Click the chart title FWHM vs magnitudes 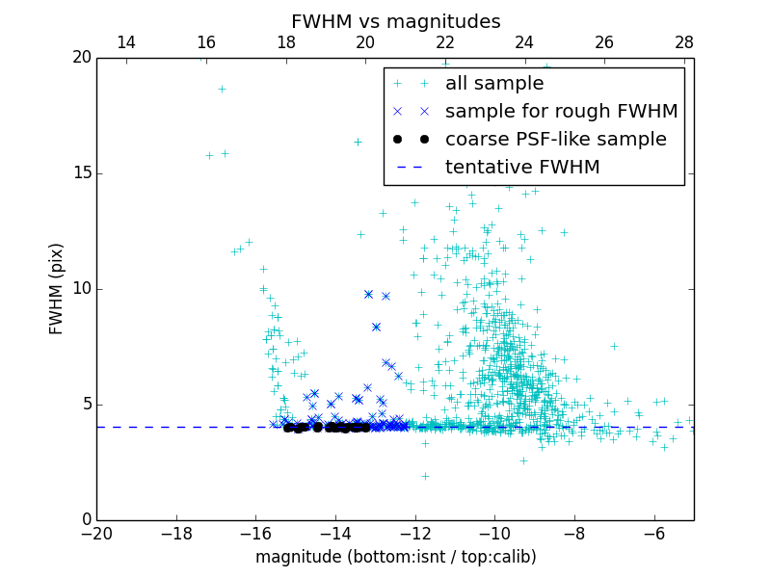click(x=395, y=21)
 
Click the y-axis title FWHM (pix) click(x=57, y=289)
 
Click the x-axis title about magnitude click(x=395, y=557)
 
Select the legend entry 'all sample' click(x=494, y=84)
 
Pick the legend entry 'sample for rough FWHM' click(x=561, y=112)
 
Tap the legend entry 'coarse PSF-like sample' click(x=555, y=140)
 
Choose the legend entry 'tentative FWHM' click(x=522, y=168)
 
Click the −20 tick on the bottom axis click(x=96, y=533)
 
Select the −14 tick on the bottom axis click(x=335, y=533)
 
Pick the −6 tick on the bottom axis click(x=654, y=533)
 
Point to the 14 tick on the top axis click(x=125, y=42)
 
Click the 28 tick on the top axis click(x=684, y=42)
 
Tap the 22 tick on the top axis click(x=445, y=42)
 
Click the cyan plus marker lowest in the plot click(x=425, y=476)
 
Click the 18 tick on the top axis click(x=285, y=42)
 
